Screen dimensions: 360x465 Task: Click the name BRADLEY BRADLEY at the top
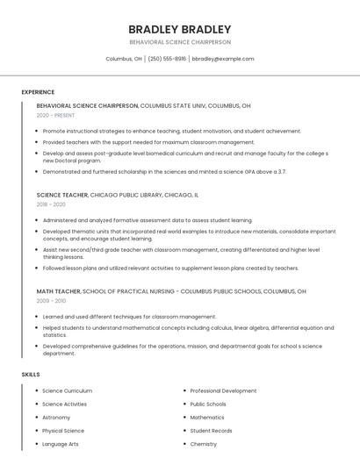180,29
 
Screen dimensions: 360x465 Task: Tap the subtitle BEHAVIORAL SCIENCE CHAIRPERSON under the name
180,42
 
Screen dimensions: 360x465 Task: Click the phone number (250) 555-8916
167,59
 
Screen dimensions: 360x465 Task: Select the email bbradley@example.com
223,59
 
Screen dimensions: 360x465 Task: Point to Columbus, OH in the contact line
124,59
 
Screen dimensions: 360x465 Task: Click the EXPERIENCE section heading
38,92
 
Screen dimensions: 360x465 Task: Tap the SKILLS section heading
31,375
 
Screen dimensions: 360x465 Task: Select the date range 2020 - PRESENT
56,115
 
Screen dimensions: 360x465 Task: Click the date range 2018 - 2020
51,204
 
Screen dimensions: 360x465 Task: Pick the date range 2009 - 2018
51,301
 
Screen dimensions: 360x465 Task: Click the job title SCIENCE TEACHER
62,195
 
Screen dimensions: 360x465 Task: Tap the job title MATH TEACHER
59,291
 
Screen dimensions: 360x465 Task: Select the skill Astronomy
56,418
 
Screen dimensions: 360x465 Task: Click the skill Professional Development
223,390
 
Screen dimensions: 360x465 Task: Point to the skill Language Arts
61,444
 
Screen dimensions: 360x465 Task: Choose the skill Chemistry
204,444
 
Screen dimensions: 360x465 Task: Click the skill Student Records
211,431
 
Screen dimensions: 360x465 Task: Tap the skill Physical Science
63,431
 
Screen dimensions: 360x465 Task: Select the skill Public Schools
208,404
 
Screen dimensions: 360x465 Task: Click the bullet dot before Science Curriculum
35,390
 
